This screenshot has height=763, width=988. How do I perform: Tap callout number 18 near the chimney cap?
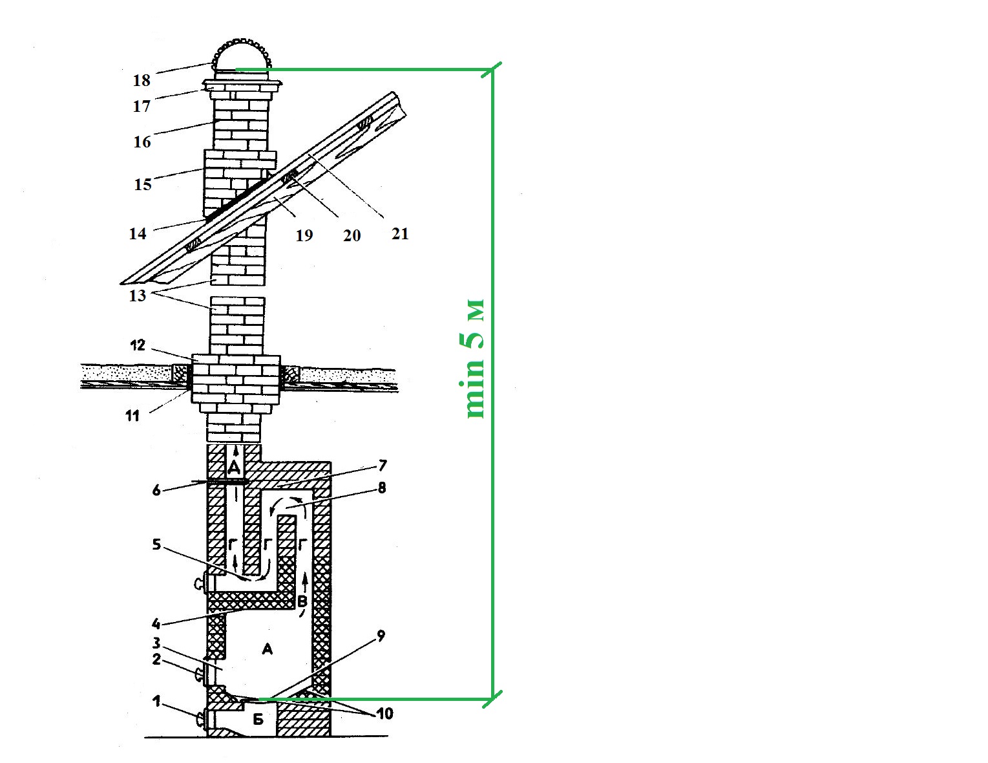(142, 81)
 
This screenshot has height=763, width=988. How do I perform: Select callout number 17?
(142, 107)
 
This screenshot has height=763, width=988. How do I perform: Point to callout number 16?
(142, 142)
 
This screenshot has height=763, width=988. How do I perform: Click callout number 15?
(143, 184)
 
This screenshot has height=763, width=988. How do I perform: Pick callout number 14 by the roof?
(138, 233)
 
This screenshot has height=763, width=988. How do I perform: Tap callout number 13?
(137, 296)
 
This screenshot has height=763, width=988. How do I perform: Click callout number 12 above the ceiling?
(138, 345)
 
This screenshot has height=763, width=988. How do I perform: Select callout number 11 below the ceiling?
(132, 416)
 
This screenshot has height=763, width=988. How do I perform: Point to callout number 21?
(400, 233)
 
